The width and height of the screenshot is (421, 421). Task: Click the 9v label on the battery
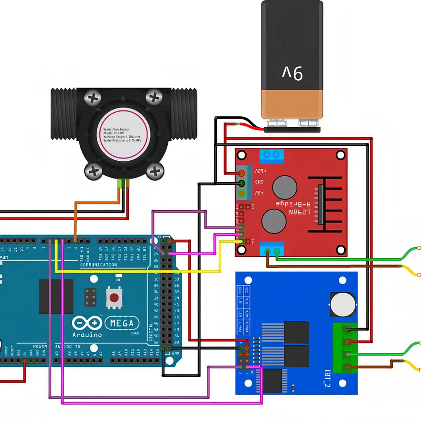[293, 73]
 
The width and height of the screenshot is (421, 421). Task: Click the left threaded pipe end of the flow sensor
[63, 114]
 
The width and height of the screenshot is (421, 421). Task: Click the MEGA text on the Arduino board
[122, 323]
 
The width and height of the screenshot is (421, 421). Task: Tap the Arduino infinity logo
[87, 323]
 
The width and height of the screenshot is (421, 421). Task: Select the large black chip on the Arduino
[56, 297]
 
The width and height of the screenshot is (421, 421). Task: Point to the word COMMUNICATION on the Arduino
[98, 265]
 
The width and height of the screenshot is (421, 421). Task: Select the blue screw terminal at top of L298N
[272, 156]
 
